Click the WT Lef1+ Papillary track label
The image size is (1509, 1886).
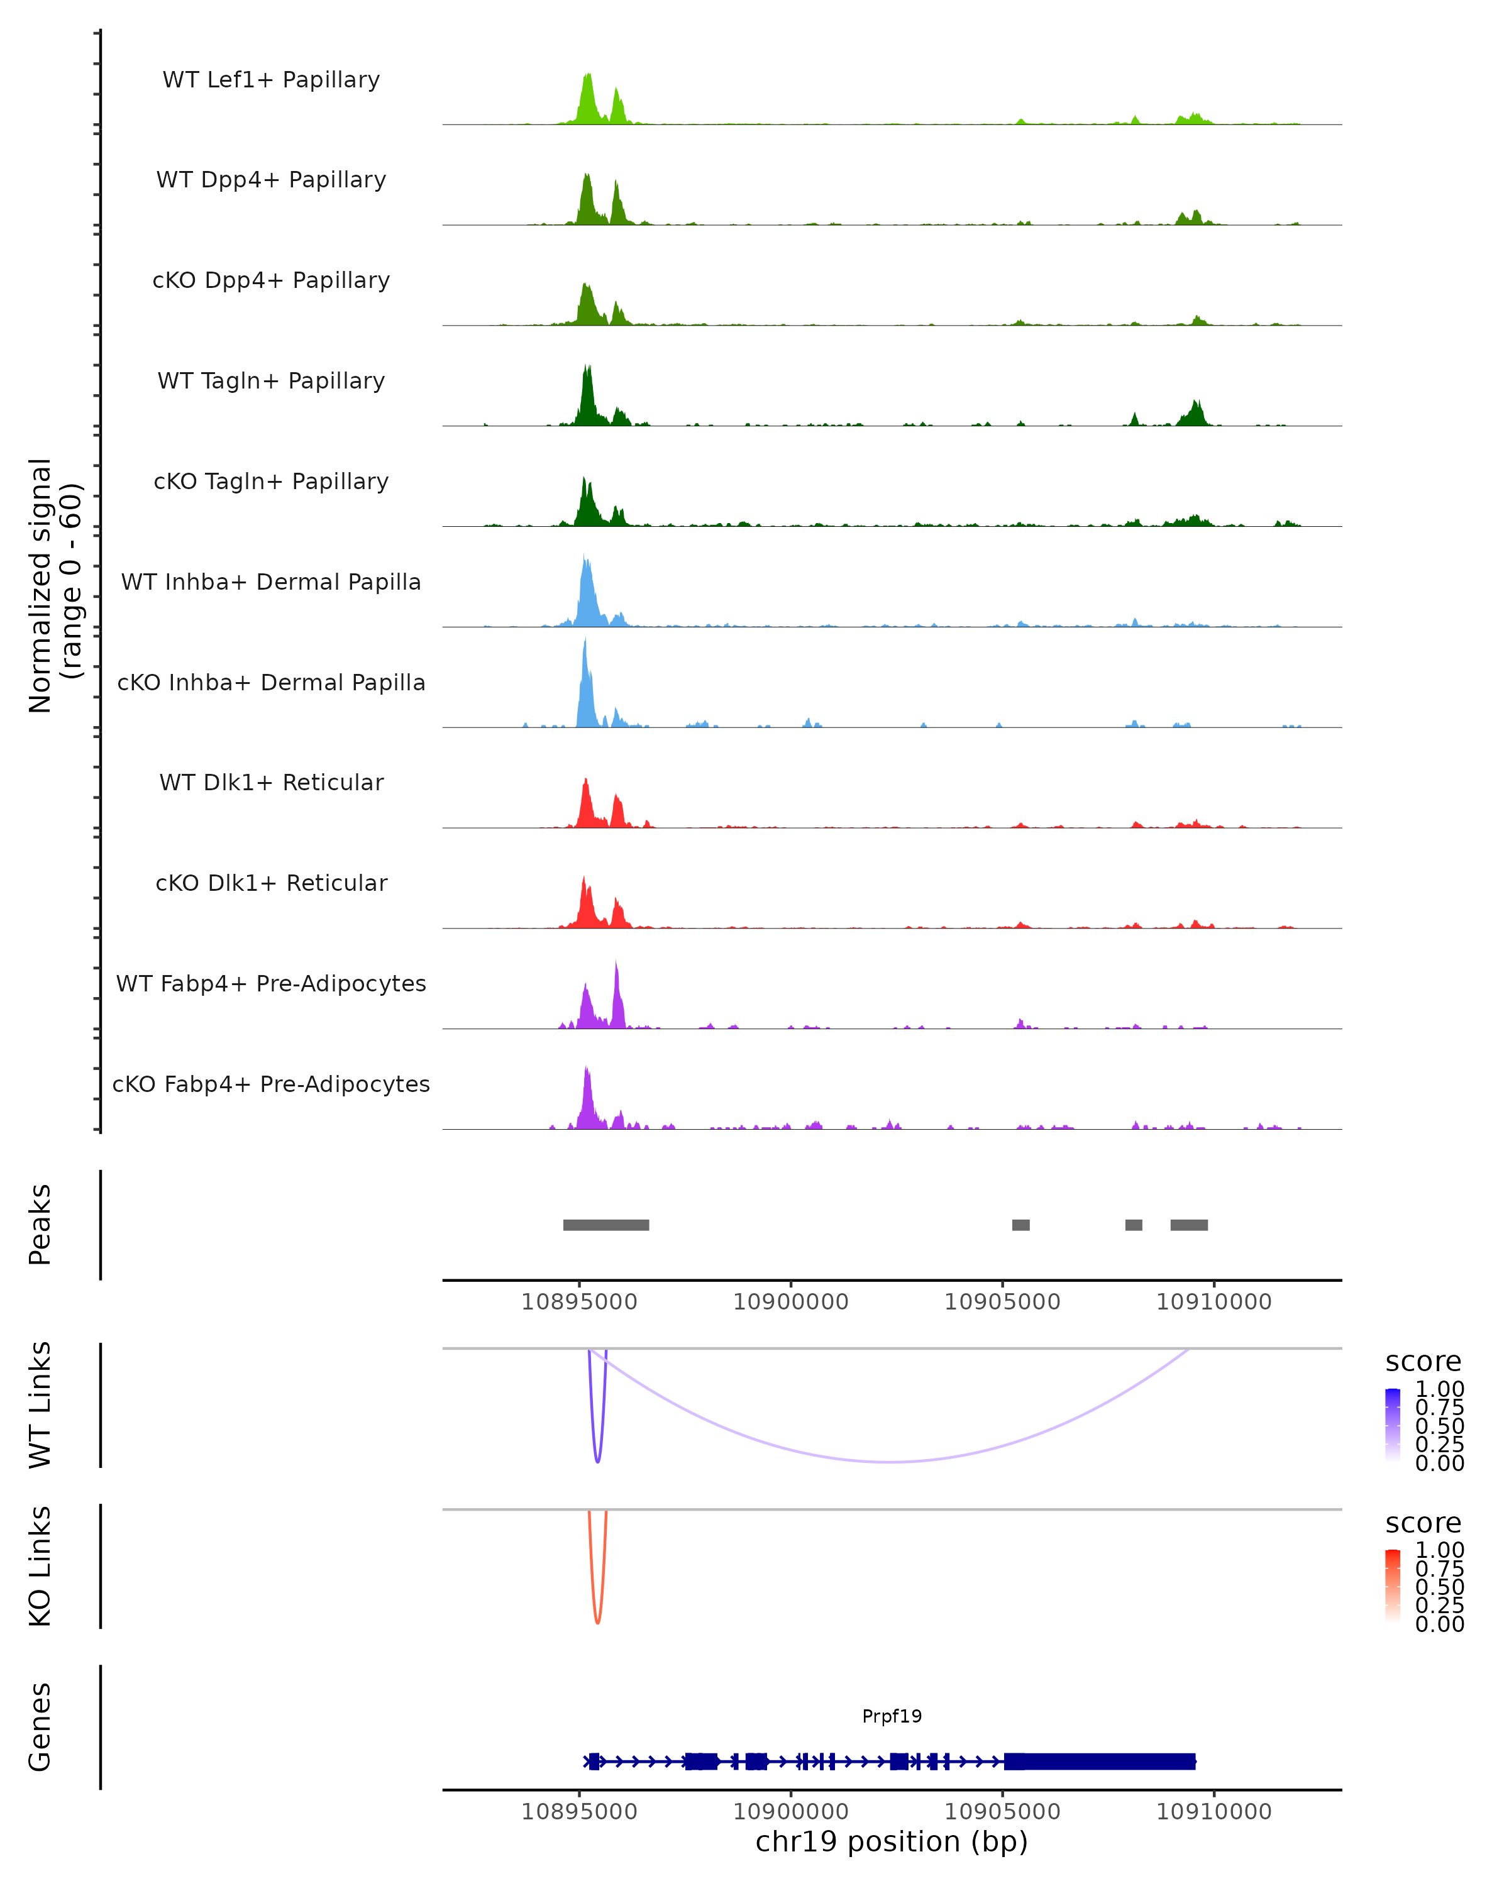point(271,80)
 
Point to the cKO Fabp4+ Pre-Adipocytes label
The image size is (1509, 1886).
point(271,1084)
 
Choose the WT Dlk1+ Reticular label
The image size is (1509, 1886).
point(271,782)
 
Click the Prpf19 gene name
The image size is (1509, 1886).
point(892,1716)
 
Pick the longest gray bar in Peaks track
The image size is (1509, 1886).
point(605,1225)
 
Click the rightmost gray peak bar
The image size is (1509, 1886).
point(1189,1225)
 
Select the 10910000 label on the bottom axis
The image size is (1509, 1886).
point(1213,1812)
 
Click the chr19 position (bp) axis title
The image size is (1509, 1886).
point(892,1841)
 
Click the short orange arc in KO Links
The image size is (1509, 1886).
point(597,1620)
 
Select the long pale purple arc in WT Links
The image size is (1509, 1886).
point(890,1462)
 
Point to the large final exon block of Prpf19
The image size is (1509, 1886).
point(1100,1761)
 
